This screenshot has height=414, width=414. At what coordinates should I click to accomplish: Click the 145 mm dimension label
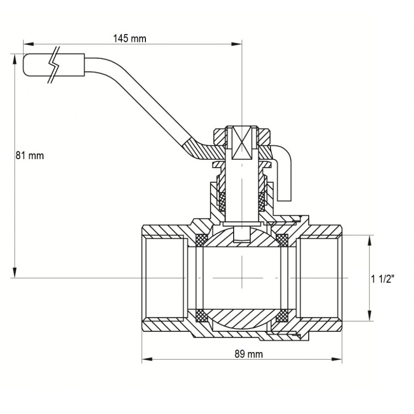[x=130, y=39]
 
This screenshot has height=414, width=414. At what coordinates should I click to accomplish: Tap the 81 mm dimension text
[x=29, y=155]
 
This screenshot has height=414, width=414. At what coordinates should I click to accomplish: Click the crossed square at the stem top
[x=241, y=142]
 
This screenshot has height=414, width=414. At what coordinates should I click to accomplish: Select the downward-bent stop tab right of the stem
[x=285, y=175]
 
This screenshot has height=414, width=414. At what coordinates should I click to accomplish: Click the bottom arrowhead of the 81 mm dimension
[x=15, y=274]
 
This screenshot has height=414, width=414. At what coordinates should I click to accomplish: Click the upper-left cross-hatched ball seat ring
[x=201, y=240]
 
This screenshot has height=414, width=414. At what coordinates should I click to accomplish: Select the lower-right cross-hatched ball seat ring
[x=282, y=316]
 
